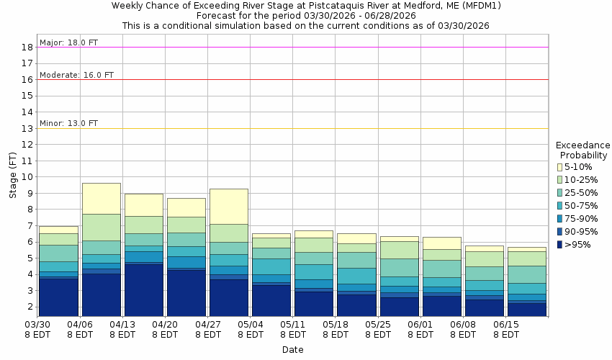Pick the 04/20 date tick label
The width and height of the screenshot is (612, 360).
click(166, 325)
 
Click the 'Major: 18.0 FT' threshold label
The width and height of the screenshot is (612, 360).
click(68, 42)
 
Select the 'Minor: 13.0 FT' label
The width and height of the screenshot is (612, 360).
click(68, 123)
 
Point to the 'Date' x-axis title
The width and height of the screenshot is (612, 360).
click(292, 350)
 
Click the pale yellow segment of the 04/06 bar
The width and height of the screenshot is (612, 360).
click(101, 199)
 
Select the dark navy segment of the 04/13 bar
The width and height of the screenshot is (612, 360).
click(143, 290)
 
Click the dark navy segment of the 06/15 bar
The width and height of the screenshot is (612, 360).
click(526, 310)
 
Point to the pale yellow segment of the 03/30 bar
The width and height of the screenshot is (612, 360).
click(58, 230)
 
